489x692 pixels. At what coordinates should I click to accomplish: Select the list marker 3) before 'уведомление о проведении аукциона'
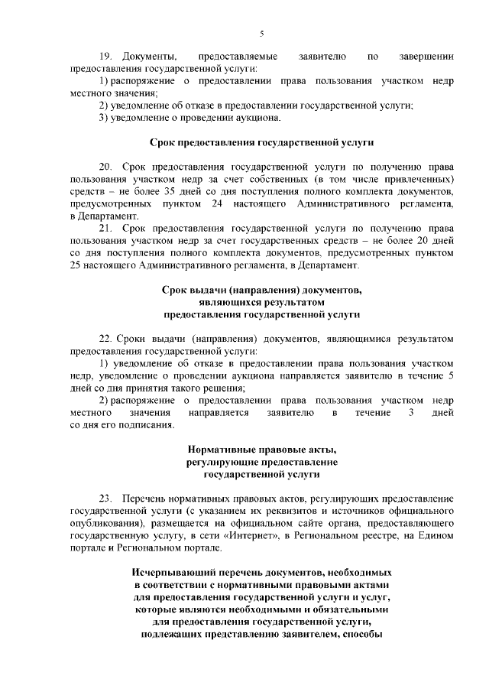tap(105, 117)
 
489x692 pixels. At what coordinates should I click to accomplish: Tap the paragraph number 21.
tap(106, 228)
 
